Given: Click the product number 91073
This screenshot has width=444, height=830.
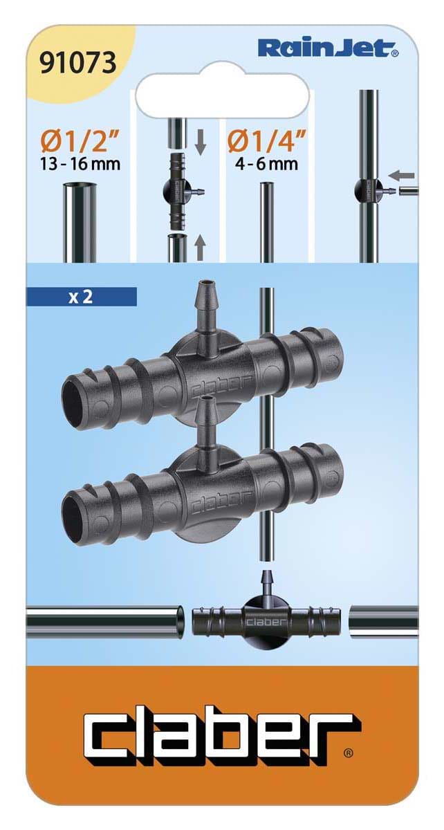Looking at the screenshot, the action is click(77, 62).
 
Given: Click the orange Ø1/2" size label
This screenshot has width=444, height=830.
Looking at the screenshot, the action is click(80, 142).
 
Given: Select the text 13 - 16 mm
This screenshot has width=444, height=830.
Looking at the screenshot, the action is click(80, 163).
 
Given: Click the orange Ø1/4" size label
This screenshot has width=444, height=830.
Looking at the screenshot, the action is click(266, 142).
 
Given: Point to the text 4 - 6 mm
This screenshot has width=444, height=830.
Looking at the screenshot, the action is click(267, 163).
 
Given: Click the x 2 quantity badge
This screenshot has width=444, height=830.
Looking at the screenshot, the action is click(81, 297).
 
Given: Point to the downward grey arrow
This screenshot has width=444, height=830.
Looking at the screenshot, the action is click(201, 142).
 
